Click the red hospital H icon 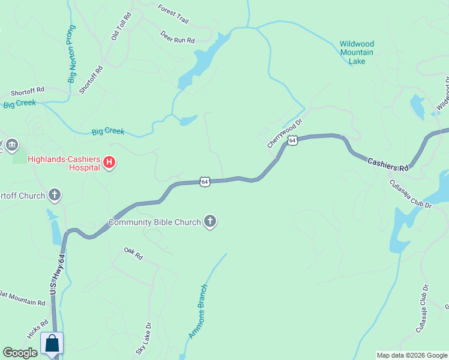coord(109,162)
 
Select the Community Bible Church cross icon coord(210,222)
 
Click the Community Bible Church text coord(154,223)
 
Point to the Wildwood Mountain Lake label coord(357,53)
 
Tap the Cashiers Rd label coord(388,164)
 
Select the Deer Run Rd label coord(178,37)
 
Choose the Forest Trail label coord(173,14)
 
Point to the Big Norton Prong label coord(71,53)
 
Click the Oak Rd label coord(133,253)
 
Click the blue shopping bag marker coord(52,344)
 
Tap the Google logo coord(20,353)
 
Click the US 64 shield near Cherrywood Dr coord(292,140)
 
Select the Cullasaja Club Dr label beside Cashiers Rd coord(411,194)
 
